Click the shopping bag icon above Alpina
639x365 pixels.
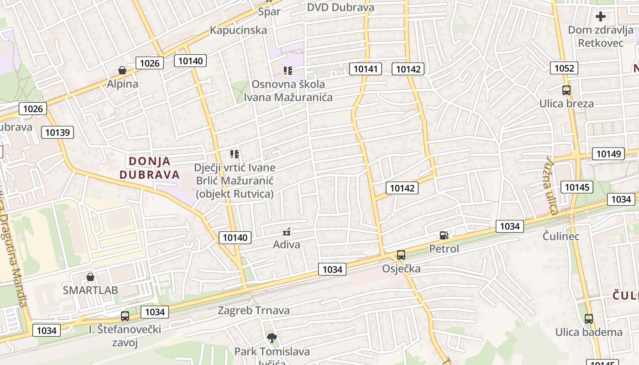pyautogui.click(x=122, y=70)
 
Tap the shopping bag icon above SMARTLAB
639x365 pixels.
pyautogui.click(x=90, y=277)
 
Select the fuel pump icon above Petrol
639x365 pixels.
pyautogui.click(x=444, y=235)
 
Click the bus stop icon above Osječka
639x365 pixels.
pyautogui.click(x=401, y=255)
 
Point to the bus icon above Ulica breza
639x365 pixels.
pyautogui.click(x=566, y=90)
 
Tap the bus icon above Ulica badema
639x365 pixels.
pyautogui.click(x=589, y=319)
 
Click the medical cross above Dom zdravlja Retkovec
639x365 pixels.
pyautogui.click(x=601, y=16)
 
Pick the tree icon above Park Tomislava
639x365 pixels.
pyautogui.click(x=272, y=338)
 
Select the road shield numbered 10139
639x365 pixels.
pyautogui.click(x=58, y=132)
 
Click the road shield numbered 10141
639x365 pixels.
pyautogui.click(x=366, y=69)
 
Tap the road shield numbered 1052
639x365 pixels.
pyautogui.click(x=564, y=68)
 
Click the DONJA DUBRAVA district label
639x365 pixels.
pyautogui.click(x=149, y=168)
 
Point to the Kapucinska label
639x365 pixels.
pyautogui.click(x=238, y=30)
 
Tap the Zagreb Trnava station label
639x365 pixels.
pyautogui.click(x=253, y=311)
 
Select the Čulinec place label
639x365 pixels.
pyautogui.click(x=561, y=236)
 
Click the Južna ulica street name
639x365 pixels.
pyautogui.click(x=551, y=185)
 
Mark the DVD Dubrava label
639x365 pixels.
pyautogui.click(x=340, y=7)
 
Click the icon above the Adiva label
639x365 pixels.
pyautogui.click(x=287, y=232)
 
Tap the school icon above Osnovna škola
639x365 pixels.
pyautogui.click(x=288, y=71)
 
